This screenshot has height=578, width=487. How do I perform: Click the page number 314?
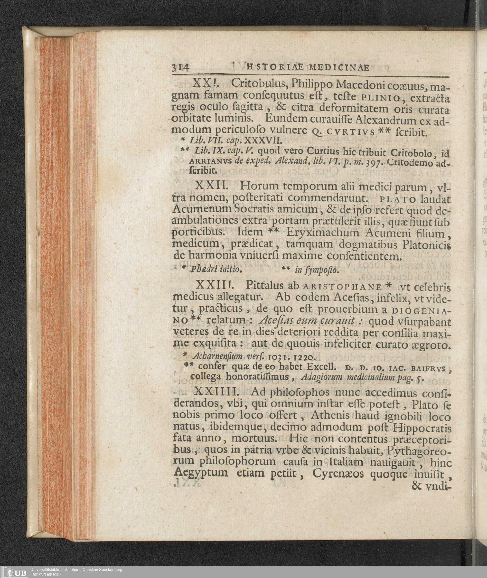[x=180, y=68]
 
